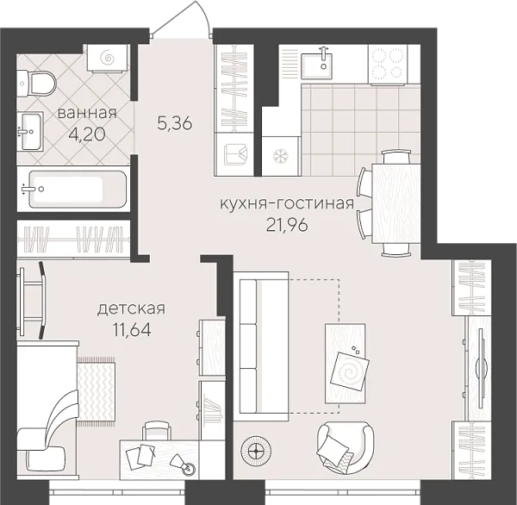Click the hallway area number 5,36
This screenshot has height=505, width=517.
click(175, 122)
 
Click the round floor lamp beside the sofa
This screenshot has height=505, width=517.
click(256, 448)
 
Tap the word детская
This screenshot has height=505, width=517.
click(130, 308)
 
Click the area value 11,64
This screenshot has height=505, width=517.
click(131, 328)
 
